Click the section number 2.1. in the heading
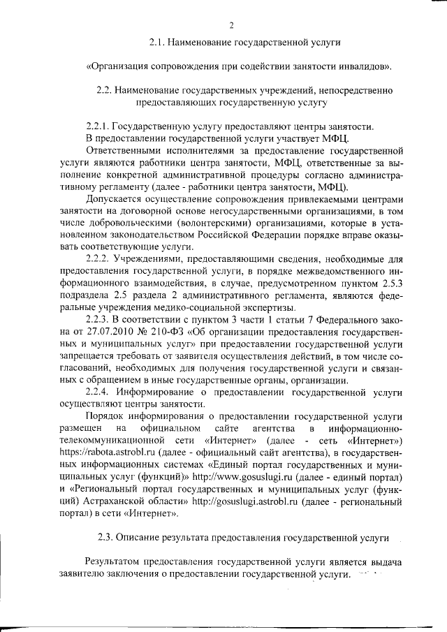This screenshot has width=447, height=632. tap(158, 43)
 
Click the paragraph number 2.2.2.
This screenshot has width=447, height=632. tap(98, 260)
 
